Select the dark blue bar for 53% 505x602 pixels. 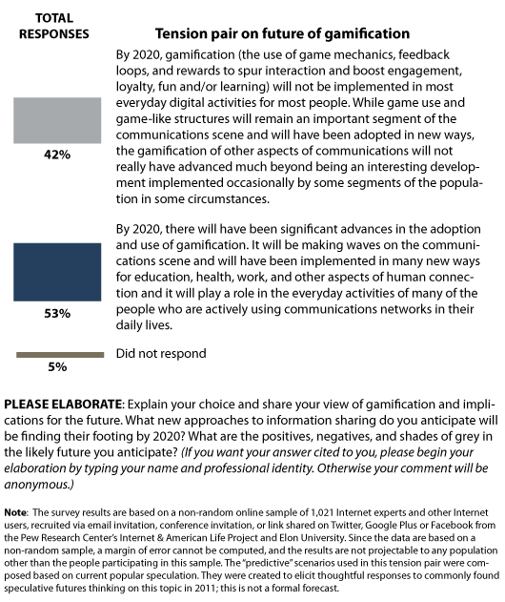[x=57, y=272]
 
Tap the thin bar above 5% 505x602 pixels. [x=59, y=355]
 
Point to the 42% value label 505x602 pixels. [x=57, y=154]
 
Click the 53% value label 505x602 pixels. [x=57, y=312]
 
